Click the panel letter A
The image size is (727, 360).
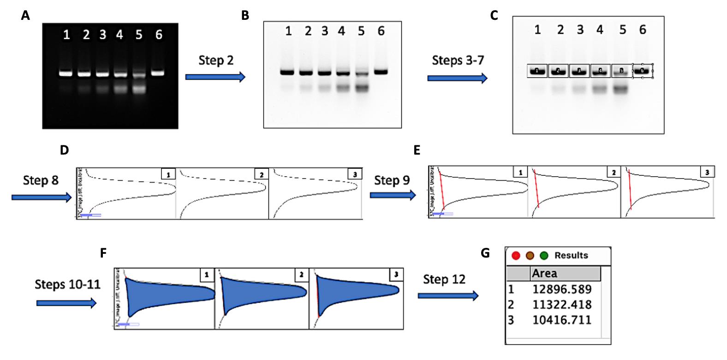click(25, 16)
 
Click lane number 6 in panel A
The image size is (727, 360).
click(159, 35)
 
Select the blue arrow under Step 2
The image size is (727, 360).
click(215, 77)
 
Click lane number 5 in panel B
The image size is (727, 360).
click(361, 31)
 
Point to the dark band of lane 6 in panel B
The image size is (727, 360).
click(381, 72)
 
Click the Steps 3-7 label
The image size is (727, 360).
click(458, 60)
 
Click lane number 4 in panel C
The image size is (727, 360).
click(599, 30)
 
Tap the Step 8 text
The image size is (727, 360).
click(41, 180)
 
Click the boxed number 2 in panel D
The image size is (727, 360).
click(261, 175)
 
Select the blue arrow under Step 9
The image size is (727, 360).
click(393, 196)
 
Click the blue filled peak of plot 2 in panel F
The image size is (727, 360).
click(261, 296)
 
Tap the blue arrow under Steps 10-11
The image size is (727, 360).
click(66, 303)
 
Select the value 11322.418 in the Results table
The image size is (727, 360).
click(561, 305)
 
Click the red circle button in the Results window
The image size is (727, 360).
click(516, 255)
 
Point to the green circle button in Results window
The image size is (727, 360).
click(544, 255)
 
